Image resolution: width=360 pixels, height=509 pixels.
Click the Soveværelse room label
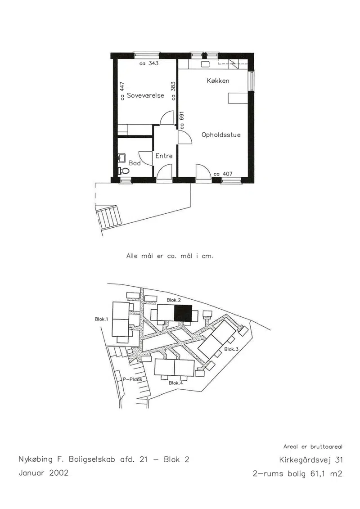click(145, 95)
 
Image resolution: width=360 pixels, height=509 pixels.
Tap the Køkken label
click(218, 81)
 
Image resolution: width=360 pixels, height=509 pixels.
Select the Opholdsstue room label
click(221, 135)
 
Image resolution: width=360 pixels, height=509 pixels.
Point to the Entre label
click(164, 156)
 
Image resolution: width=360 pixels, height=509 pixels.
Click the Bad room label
click(135, 163)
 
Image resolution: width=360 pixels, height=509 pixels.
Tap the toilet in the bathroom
click(123, 171)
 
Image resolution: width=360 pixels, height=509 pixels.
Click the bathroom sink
click(122, 158)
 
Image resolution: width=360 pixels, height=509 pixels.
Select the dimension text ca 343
click(149, 63)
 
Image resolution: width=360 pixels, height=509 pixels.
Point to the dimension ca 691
click(182, 121)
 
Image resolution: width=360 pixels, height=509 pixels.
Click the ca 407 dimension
click(223, 174)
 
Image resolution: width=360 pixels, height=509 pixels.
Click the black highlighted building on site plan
click(183, 313)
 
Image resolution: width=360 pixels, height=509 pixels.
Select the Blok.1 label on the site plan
click(101, 319)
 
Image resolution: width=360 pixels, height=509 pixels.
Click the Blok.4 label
click(176, 383)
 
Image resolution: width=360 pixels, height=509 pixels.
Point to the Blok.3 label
click(231, 349)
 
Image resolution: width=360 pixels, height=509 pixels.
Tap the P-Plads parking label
click(132, 379)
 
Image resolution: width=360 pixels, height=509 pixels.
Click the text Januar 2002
click(44, 473)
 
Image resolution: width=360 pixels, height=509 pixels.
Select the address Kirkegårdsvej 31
click(310, 460)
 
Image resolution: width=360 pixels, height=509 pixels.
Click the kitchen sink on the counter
click(205, 64)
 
